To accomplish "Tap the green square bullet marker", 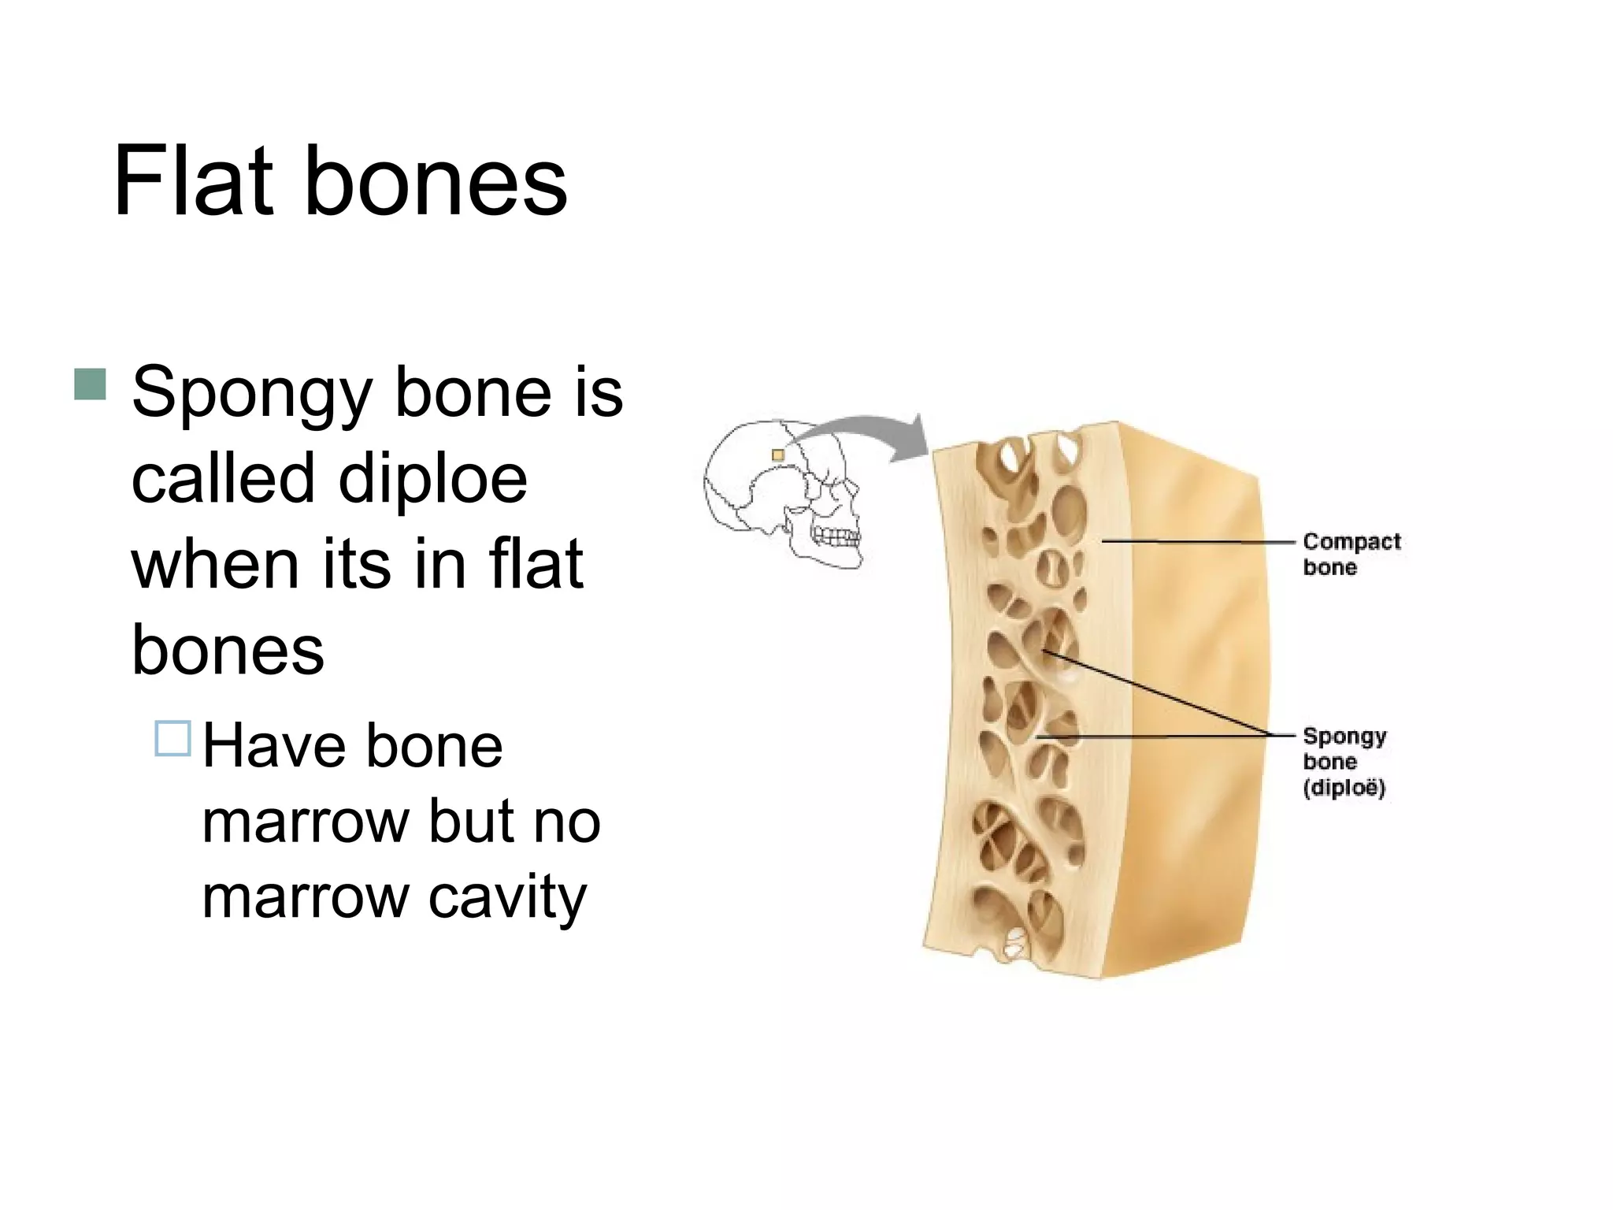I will point(91,384).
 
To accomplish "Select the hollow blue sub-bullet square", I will point(172,738).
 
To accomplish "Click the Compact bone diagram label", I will point(1351,554).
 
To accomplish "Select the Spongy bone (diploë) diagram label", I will point(1344,761).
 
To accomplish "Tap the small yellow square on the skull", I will point(778,455).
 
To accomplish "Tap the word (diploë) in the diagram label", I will point(1344,787).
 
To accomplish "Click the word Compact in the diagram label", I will point(1352,541).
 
